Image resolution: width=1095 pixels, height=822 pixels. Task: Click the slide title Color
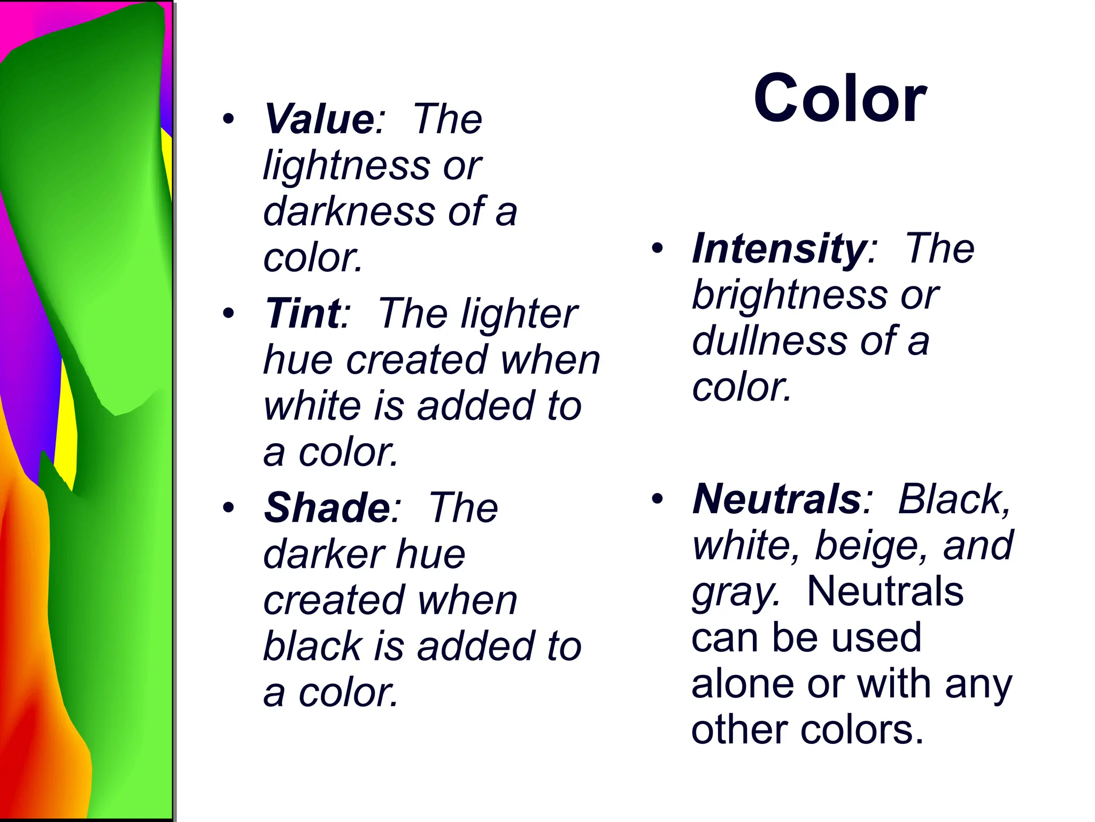840,99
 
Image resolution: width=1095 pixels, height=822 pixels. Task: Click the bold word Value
319,119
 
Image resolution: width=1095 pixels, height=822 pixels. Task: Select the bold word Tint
303,314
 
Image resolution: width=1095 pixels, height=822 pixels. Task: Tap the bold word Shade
327,508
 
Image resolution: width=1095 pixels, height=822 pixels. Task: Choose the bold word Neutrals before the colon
776,499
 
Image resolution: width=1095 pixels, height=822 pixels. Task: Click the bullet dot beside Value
229,119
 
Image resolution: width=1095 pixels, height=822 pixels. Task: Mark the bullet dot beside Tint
229,314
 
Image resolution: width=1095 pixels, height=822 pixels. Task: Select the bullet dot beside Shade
229,508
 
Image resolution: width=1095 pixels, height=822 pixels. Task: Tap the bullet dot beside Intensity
657,249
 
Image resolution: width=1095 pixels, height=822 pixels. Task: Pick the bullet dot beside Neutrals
657,499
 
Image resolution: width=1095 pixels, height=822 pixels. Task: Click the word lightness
346,166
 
